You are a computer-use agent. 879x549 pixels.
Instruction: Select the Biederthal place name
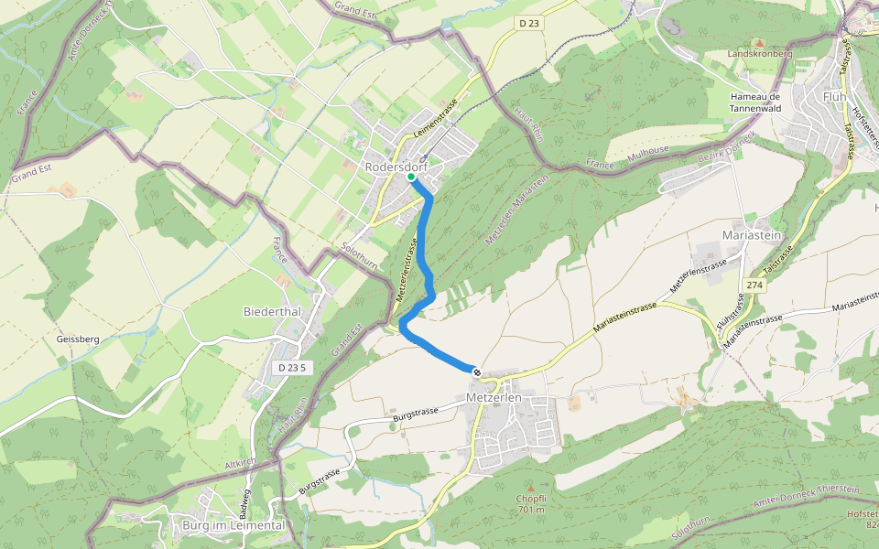point(272,311)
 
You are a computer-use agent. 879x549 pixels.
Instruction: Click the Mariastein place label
point(753,235)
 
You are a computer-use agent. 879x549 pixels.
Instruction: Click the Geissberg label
point(77,339)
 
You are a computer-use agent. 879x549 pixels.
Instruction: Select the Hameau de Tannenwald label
point(754,102)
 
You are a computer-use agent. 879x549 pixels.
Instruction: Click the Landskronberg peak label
point(759,54)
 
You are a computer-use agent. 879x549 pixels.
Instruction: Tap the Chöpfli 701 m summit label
point(531,504)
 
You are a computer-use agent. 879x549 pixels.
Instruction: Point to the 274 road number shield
point(754,285)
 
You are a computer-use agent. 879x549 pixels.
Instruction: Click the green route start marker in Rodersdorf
point(410,177)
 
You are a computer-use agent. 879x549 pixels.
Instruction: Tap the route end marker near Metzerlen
point(476,371)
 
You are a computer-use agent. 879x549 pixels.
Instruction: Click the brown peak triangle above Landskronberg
point(758,42)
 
